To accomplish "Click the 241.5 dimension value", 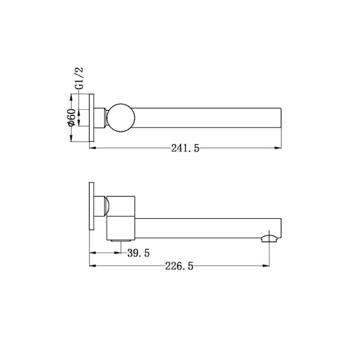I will pyautogui.click(x=185, y=148).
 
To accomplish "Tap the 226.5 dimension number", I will pyautogui.click(x=179, y=267).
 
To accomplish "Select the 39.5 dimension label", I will pyautogui.click(x=138, y=253).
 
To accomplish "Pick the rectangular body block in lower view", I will pyautogui.click(x=123, y=217).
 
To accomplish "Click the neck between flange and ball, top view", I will pyautogui.click(x=102, y=118).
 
